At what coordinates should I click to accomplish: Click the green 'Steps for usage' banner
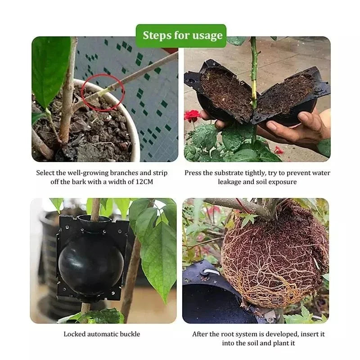coord(181,36)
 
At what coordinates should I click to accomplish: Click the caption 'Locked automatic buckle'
coord(102,334)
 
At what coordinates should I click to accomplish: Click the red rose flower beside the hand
coord(192,115)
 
